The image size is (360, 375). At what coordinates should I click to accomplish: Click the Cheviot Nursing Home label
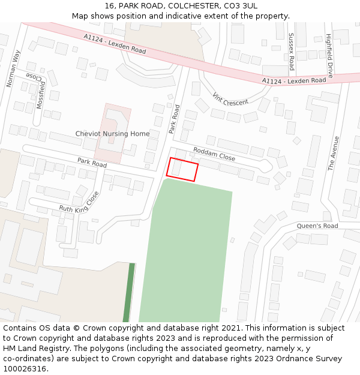click(x=112, y=133)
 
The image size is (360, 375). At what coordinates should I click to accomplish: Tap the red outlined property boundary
click(x=182, y=169)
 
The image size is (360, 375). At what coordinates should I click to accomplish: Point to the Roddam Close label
click(x=214, y=154)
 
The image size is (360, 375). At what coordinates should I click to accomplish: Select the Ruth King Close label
click(x=79, y=203)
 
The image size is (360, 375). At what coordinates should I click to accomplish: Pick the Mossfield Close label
click(x=40, y=91)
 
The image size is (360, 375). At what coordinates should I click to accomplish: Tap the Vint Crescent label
click(x=231, y=98)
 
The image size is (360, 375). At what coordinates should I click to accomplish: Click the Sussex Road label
click(x=292, y=52)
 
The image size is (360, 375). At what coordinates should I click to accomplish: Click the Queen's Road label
click(x=317, y=226)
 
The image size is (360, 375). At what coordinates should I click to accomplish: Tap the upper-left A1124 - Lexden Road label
click(x=115, y=44)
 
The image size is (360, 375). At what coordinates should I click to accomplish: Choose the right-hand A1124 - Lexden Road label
click(x=294, y=80)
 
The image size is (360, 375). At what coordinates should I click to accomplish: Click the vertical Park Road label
click(x=174, y=119)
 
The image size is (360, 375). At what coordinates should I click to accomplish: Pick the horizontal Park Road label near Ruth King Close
click(x=92, y=162)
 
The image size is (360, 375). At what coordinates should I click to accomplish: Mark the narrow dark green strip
click(x=128, y=292)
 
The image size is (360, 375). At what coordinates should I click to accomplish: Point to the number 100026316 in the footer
click(x=25, y=368)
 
